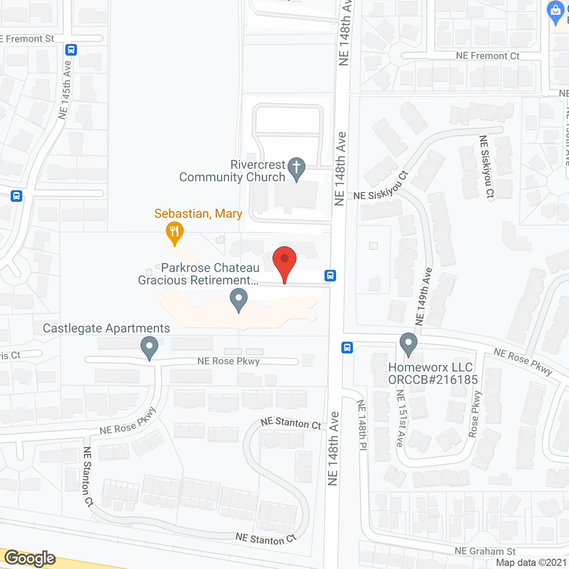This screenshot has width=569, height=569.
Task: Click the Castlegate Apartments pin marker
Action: click(x=149, y=347)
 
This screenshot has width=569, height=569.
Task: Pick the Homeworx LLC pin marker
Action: click(x=408, y=344)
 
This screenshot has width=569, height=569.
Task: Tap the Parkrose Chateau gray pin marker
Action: click(x=239, y=300)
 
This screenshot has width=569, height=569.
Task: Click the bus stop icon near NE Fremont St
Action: click(x=71, y=49)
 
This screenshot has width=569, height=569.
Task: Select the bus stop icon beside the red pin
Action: click(x=330, y=276)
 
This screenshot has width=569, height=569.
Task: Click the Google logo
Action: click(x=30, y=558)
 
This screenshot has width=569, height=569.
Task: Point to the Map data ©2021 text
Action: click(x=531, y=563)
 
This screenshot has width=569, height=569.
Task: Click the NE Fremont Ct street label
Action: click(x=488, y=56)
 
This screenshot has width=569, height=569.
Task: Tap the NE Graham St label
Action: click(x=485, y=551)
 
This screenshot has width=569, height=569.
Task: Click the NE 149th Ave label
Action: click(x=423, y=297)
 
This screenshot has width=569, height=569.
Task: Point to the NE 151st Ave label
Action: click(x=401, y=418)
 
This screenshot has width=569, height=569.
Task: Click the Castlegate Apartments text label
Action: click(x=106, y=329)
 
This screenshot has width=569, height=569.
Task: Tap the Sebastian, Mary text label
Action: click(x=198, y=214)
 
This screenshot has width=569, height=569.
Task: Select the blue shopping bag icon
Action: click(x=556, y=12)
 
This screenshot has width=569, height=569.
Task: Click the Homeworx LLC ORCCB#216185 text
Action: click(x=433, y=373)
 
